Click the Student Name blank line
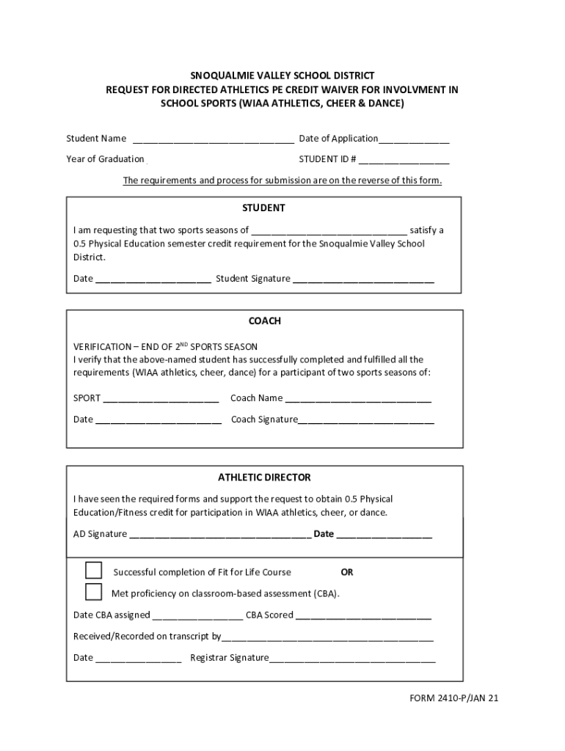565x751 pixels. point(213,139)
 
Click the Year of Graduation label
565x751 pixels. point(105,159)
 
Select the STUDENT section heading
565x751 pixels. point(264,208)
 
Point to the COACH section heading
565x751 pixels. point(264,321)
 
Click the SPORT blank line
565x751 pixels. point(161,399)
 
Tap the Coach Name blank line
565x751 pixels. point(358,399)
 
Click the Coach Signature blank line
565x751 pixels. point(366,421)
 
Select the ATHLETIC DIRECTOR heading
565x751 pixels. point(264,477)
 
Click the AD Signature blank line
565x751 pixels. point(220,535)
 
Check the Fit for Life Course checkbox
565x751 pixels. point(93,571)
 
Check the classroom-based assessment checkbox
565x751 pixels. point(93,592)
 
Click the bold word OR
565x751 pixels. point(347,572)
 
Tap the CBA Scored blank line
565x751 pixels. point(364,616)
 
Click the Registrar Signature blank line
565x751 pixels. point(352,659)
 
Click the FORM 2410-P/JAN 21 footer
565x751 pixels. point(454,698)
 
